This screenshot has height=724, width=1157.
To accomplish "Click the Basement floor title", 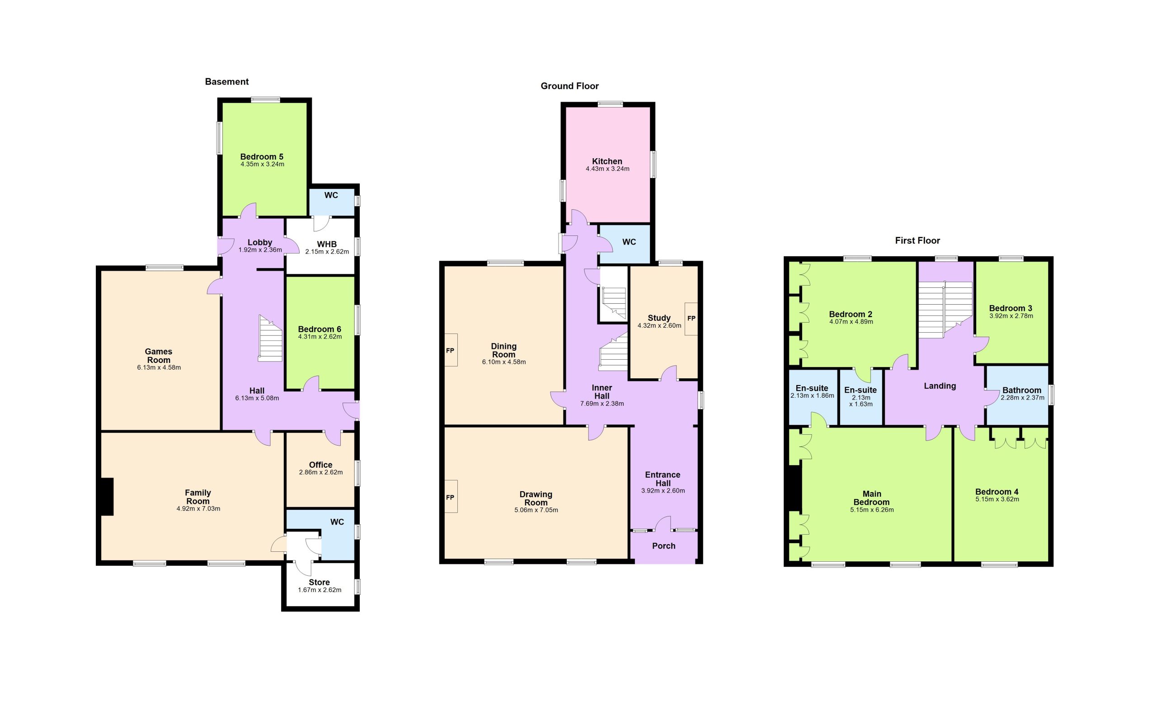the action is [x=226, y=82].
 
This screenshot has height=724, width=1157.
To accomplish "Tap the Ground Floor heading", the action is [x=569, y=86].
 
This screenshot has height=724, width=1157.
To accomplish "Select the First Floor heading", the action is [x=917, y=240].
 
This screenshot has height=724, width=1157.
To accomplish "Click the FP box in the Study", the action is [x=691, y=319].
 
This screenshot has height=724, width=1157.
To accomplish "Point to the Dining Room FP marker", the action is [x=451, y=350].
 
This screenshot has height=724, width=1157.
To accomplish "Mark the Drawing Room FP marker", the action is [x=451, y=497].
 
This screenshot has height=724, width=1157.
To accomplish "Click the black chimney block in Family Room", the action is [x=106, y=497].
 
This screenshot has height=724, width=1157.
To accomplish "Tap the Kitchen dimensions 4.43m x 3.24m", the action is [x=607, y=169].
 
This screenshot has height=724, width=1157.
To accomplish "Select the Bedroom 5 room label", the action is [x=262, y=156].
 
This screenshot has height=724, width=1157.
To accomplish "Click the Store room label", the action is [x=319, y=582].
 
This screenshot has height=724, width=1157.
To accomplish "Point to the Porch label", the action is [x=663, y=546].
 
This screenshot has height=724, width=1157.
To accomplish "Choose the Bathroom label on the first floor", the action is [x=1021, y=390].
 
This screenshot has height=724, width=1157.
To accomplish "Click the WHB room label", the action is [x=327, y=244].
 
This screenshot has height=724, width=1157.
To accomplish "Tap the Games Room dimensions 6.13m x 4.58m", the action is [x=159, y=368].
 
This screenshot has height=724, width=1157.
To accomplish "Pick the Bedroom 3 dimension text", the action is [x=1011, y=316].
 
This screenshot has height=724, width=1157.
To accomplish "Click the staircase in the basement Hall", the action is [x=270, y=338].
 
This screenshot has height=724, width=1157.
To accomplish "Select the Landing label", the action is [x=940, y=386].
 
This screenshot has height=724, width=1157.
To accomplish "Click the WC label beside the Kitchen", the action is [x=629, y=242].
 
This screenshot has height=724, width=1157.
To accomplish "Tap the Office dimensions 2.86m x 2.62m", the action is [x=321, y=472].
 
